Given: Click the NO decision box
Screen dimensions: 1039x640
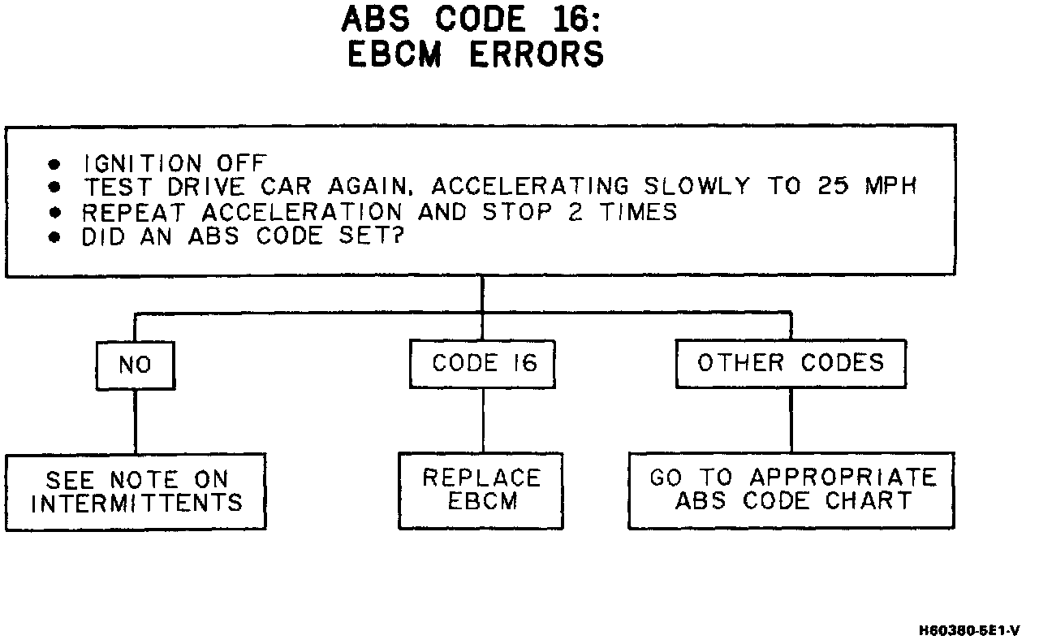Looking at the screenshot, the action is (135, 365).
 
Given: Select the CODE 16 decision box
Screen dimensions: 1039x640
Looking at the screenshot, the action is (483, 363).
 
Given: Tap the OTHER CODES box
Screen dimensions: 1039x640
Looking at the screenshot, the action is (791, 362).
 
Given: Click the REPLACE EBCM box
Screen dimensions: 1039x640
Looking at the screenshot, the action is (481, 490).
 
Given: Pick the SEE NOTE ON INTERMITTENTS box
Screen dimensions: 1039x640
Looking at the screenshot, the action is (136, 491).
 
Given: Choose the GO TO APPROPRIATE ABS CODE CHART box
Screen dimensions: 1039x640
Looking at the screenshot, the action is (791, 489).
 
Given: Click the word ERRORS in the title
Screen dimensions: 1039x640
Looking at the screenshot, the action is (537, 54).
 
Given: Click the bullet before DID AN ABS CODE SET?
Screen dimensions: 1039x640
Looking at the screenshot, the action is (54, 238).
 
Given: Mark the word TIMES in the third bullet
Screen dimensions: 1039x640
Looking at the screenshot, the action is (638, 212).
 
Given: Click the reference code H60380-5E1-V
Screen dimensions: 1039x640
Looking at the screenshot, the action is (970, 629).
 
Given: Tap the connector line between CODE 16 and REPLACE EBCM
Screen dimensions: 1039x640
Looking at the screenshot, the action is (483, 420).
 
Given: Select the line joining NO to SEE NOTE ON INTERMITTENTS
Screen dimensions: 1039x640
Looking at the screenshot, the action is (135, 422).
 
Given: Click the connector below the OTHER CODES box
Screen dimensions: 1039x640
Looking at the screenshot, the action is (791, 419).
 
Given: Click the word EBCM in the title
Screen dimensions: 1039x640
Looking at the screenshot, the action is (395, 54).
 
